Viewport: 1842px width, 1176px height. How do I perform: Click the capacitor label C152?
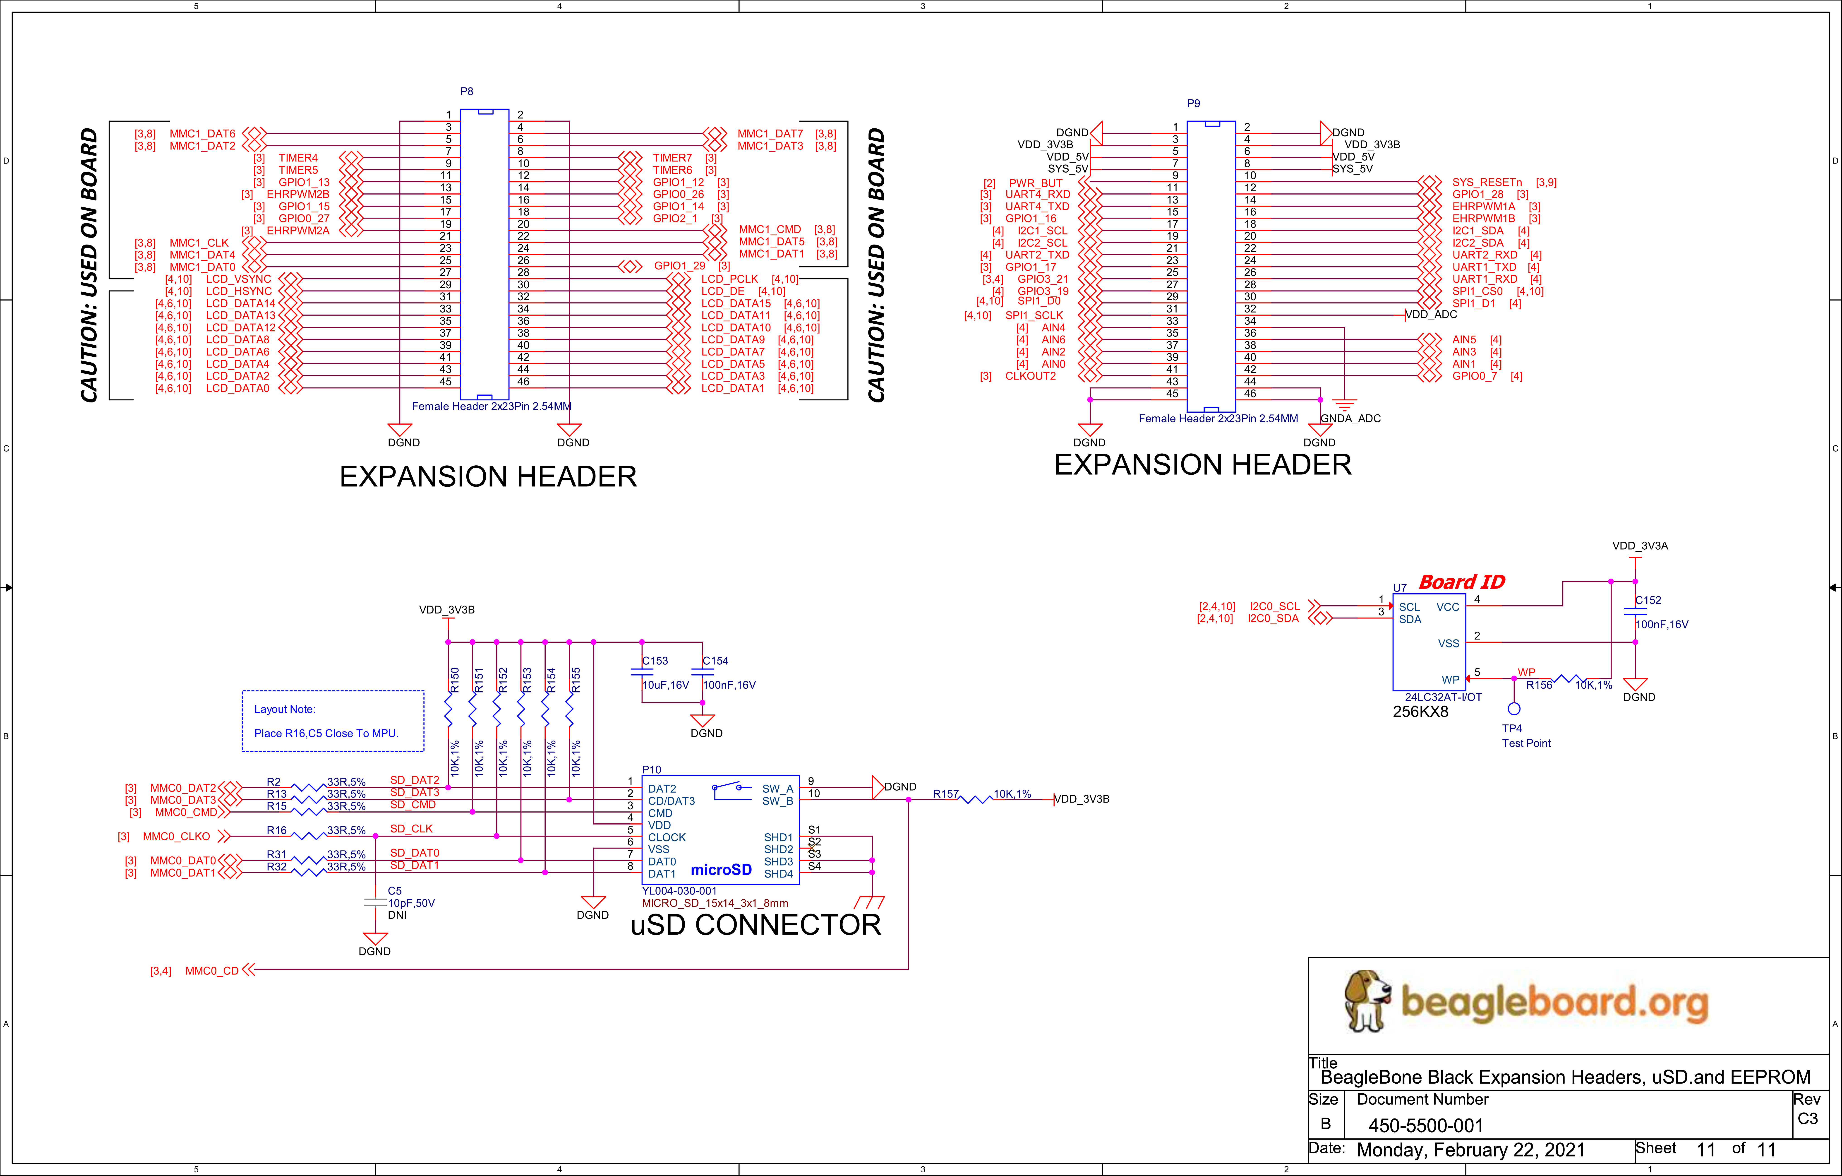(x=1648, y=601)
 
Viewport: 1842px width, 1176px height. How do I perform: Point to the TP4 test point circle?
(x=1514, y=709)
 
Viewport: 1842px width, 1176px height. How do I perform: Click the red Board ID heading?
(x=1462, y=582)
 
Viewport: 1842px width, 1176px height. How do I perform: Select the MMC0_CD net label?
(x=212, y=971)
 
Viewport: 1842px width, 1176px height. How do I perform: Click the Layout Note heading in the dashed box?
(x=285, y=709)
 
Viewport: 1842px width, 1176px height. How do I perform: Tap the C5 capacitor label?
(x=395, y=891)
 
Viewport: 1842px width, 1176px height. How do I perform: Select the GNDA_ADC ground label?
(x=1351, y=418)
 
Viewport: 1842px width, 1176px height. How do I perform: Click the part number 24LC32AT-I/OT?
(x=1444, y=697)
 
